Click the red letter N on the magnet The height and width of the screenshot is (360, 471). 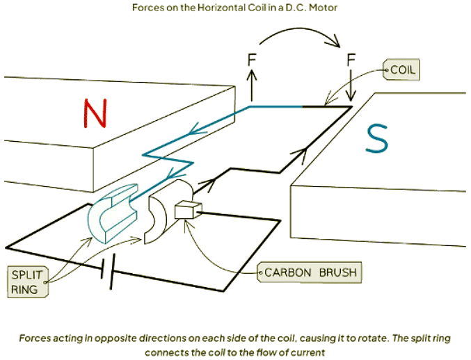coord(97,113)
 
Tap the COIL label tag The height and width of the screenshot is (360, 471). coord(403,71)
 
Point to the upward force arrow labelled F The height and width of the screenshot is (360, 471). coord(252,87)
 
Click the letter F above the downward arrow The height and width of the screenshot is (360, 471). coord(352,59)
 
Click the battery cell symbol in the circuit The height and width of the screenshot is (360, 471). coord(108,268)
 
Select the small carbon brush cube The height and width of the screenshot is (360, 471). coord(187,210)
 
